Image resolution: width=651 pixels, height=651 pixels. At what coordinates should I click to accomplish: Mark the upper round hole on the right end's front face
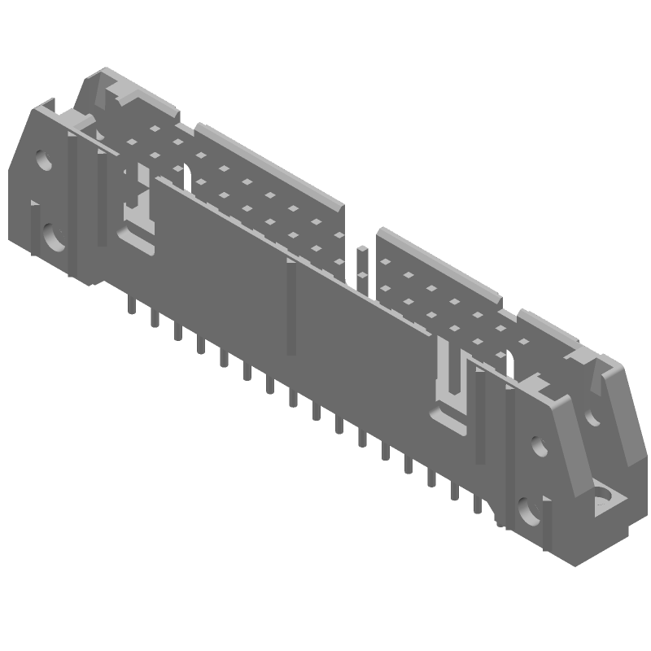tap(537, 446)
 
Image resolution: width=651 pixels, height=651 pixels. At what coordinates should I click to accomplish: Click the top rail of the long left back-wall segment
tap(269, 163)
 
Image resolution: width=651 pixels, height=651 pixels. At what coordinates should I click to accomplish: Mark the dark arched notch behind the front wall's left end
tap(185, 174)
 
